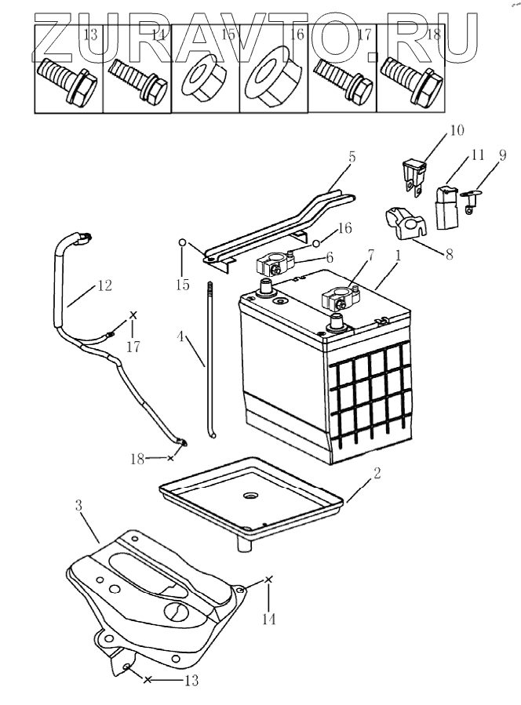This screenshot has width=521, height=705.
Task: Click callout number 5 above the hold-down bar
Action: pos(352,157)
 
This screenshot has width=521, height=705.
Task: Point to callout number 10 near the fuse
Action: pos(457,128)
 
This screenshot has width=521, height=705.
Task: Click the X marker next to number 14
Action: pos(269,579)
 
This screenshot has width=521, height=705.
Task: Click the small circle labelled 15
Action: pos(181,243)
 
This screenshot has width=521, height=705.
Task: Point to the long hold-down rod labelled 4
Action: pos(210,353)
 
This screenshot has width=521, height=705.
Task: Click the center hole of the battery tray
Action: pos(252,496)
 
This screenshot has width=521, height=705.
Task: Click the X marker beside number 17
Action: pos(133,315)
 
